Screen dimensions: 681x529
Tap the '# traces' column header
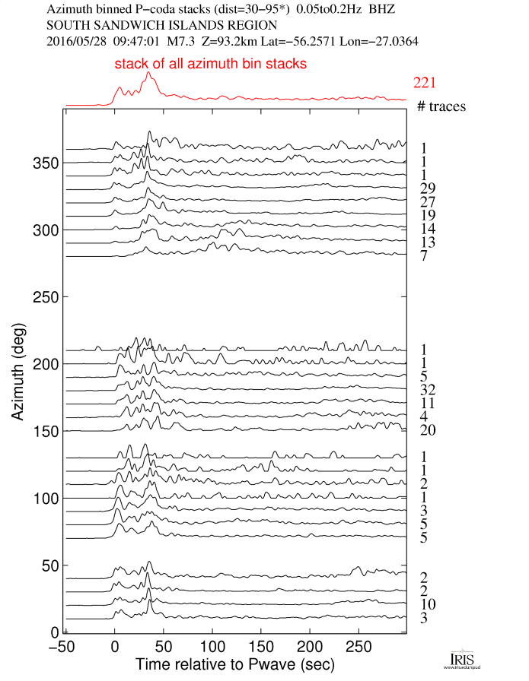pyautogui.click(x=441, y=106)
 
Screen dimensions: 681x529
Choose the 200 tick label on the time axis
pyautogui.click(x=309, y=645)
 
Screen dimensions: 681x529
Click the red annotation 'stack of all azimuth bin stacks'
pyautogui.click(x=211, y=65)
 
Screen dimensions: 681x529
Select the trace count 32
pyautogui.click(x=426, y=391)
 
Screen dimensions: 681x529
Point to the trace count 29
pyautogui.click(x=426, y=188)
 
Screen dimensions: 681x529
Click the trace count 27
pyautogui.click(x=426, y=202)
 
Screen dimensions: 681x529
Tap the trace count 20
pyautogui.click(x=426, y=431)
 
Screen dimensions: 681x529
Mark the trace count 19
pyautogui.click(x=426, y=216)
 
